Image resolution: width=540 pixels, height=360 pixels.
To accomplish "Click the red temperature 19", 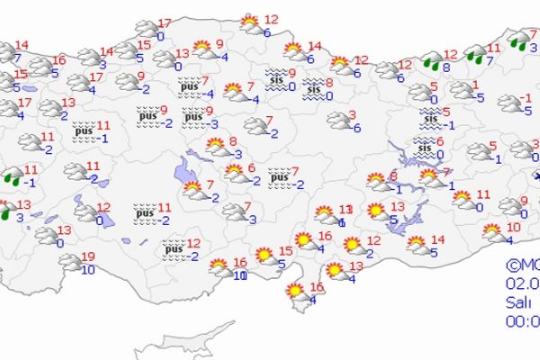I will pyautogui.click(x=86, y=256).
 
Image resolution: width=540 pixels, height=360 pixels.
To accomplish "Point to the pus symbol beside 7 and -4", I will pyautogui.click(x=190, y=86).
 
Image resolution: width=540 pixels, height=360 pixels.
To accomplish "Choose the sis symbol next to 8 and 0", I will pyautogui.click(x=313, y=88).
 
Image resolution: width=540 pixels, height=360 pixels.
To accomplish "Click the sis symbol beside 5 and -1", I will pyautogui.click(x=429, y=117).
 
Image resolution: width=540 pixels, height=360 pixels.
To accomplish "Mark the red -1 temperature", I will pyautogui.click(x=528, y=97).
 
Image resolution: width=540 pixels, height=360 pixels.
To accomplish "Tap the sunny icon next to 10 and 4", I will pyautogui.click(x=492, y=232).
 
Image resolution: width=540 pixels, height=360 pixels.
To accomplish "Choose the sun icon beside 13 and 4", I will pyautogui.click(x=335, y=270).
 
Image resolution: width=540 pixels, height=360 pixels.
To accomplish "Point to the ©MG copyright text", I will pyautogui.click(x=522, y=265).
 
